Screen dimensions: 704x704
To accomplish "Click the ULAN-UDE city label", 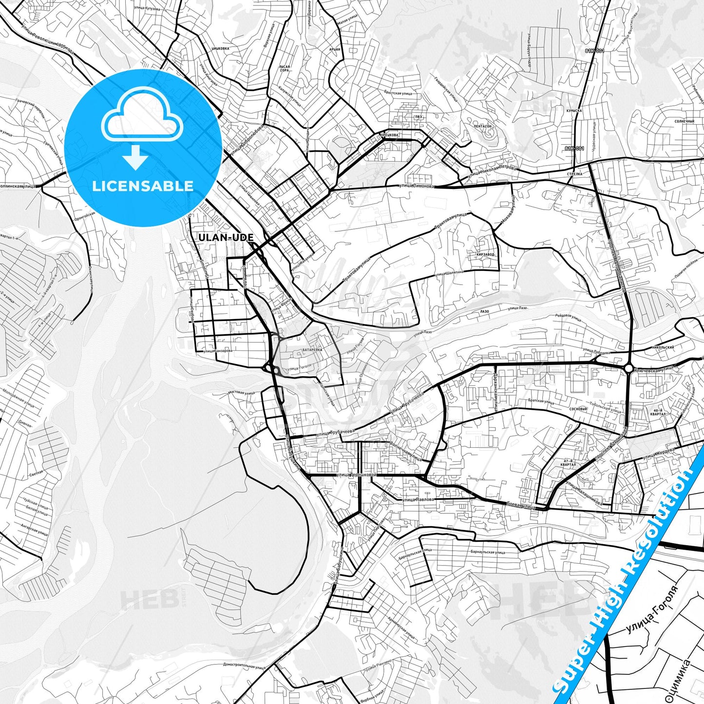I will click(226, 238).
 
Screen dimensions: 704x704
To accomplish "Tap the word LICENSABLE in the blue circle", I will click(143, 186).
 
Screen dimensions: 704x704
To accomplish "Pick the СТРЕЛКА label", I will click(575, 173).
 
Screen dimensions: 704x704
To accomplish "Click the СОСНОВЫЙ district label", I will click(578, 409).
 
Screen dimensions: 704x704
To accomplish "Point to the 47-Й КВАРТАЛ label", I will click(568, 463).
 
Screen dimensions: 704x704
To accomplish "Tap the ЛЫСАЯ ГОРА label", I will click(285, 69).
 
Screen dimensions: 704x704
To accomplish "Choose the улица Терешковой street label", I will click(356, 474).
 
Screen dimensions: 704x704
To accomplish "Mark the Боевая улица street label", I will click(521, 506).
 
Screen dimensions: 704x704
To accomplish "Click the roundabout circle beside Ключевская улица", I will click(628, 368).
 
